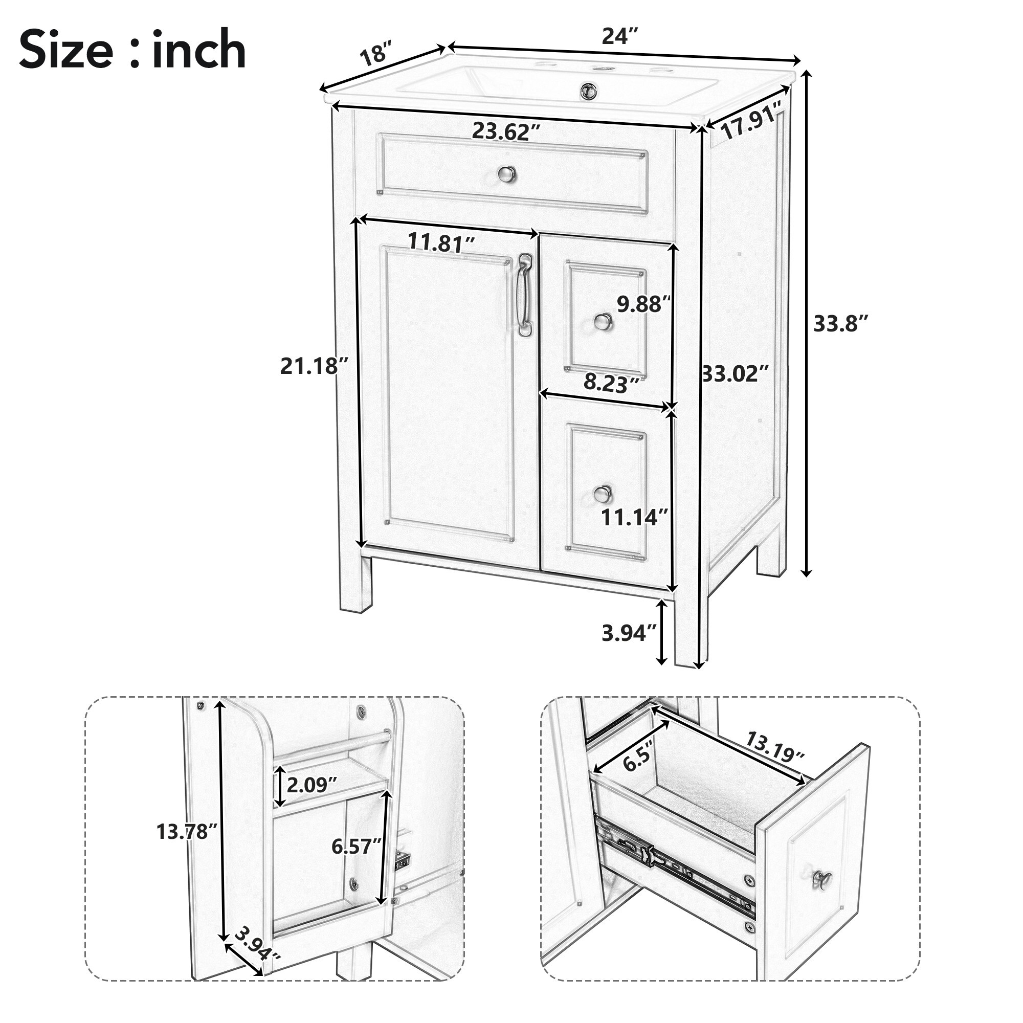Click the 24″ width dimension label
[x=619, y=36]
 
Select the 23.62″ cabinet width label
[x=506, y=131]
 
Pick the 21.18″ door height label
[x=315, y=366]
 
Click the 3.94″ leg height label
[x=629, y=633]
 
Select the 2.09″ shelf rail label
[x=312, y=785]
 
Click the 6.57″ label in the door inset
[x=357, y=847]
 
